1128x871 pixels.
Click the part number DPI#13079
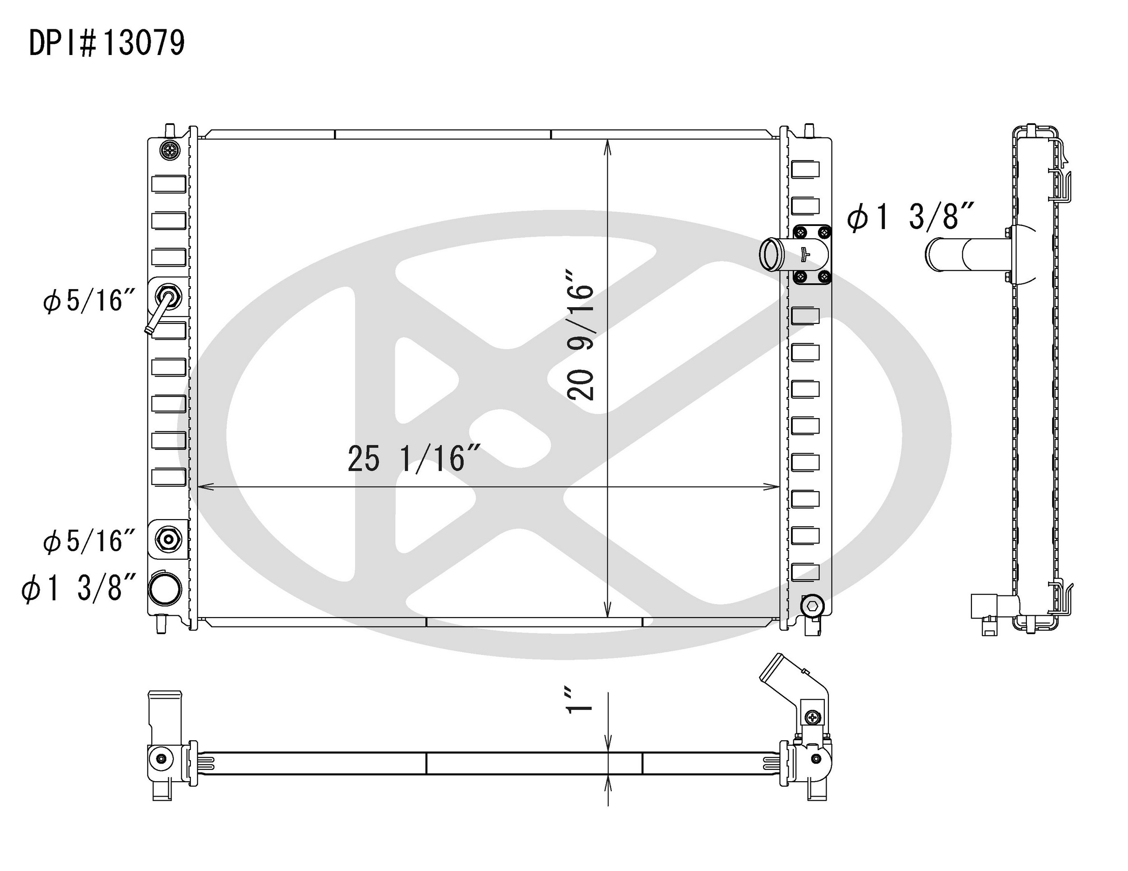pyautogui.click(x=107, y=43)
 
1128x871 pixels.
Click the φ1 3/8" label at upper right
pyautogui.click(x=910, y=217)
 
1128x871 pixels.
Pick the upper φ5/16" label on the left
pyautogui.click(x=89, y=300)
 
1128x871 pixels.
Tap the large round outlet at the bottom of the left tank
pyautogui.click(x=165, y=589)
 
